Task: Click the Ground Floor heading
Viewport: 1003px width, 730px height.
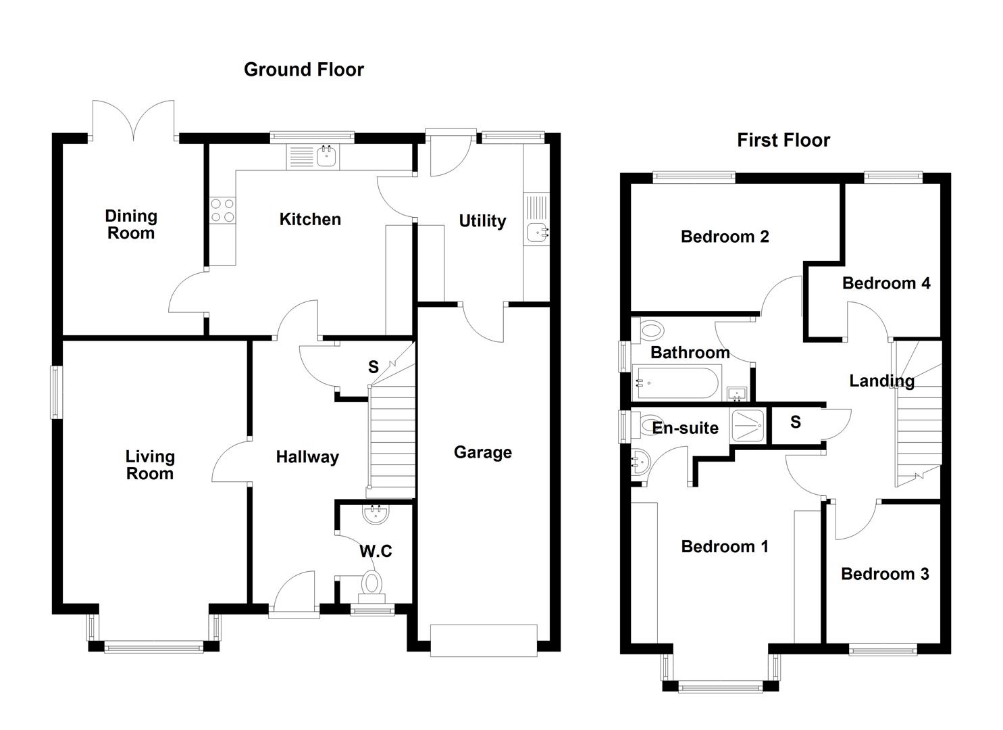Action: tap(303, 70)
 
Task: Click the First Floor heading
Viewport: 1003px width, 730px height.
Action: tap(783, 140)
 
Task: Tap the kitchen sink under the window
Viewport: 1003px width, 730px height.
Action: tap(327, 157)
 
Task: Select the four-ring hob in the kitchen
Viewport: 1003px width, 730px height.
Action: tap(222, 210)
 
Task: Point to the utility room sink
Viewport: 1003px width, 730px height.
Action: tap(538, 232)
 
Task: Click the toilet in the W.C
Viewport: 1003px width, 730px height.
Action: tap(371, 584)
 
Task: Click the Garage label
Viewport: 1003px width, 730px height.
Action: tap(482, 452)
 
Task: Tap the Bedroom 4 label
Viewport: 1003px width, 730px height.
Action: tap(885, 283)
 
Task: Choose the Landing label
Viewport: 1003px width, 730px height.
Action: tap(881, 381)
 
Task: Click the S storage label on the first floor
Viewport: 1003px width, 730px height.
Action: tap(795, 422)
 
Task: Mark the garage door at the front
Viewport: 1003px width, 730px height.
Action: tap(483, 640)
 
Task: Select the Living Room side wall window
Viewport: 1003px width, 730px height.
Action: tap(57, 392)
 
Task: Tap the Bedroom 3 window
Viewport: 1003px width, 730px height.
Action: tap(883, 650)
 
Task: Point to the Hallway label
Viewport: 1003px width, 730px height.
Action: tap(307, 458)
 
